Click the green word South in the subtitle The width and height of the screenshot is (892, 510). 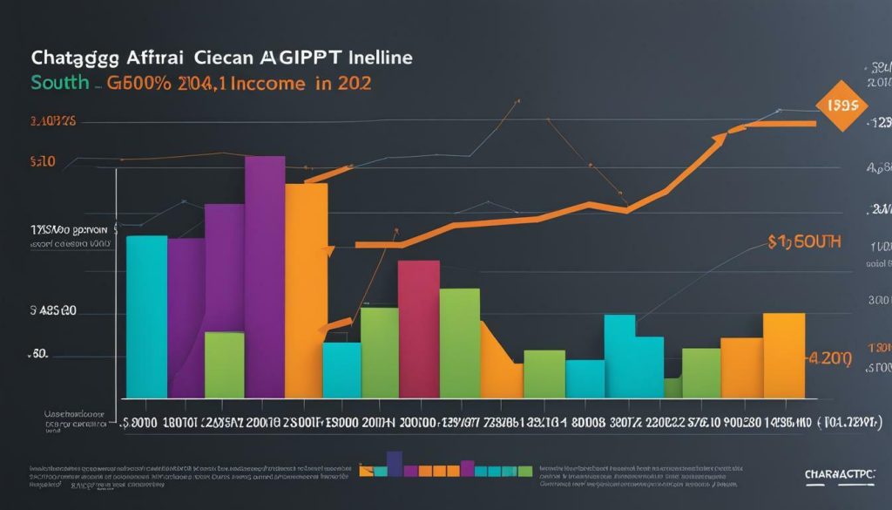[x=59, y=83]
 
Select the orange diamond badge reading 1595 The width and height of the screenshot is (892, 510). [x=841, y=105]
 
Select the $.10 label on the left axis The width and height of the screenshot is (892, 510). [x=43, y=161]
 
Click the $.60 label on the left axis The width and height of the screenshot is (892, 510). [x=39, y=356]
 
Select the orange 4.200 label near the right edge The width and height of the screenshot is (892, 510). [x=828, y=357]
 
